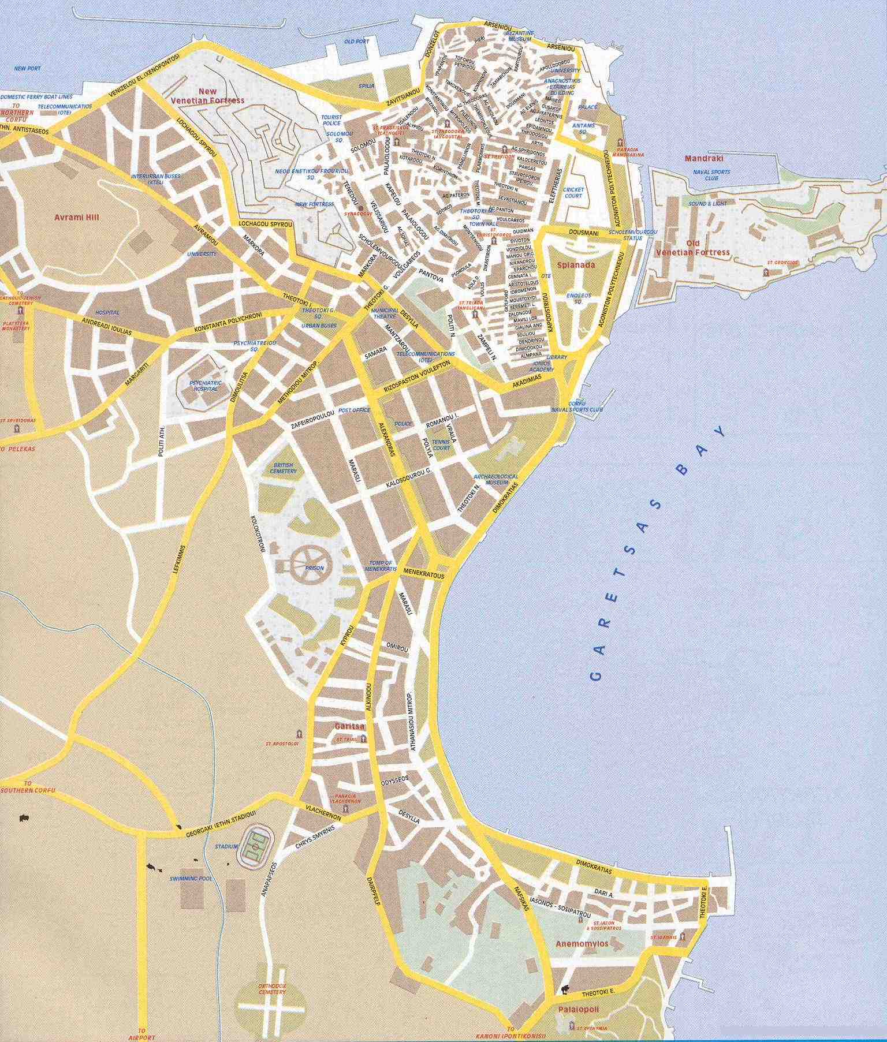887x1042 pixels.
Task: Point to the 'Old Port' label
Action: [x=356, y=42]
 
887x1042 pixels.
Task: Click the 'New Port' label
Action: [x=27, y=68]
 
